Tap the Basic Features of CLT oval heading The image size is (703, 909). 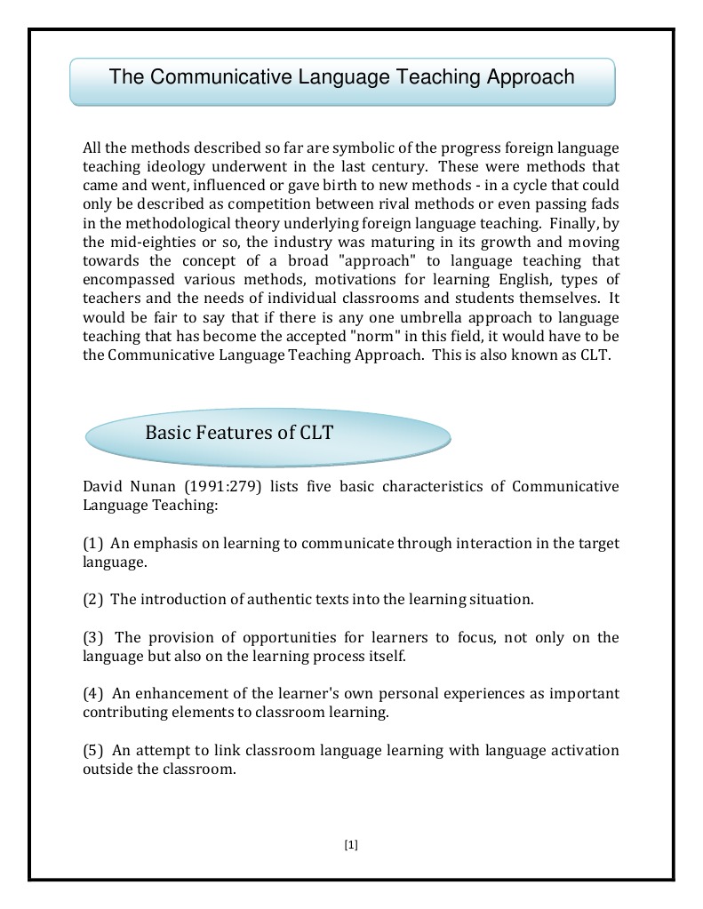[239, 433]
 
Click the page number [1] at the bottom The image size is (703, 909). [350, 845]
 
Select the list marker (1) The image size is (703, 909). [93, 544]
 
